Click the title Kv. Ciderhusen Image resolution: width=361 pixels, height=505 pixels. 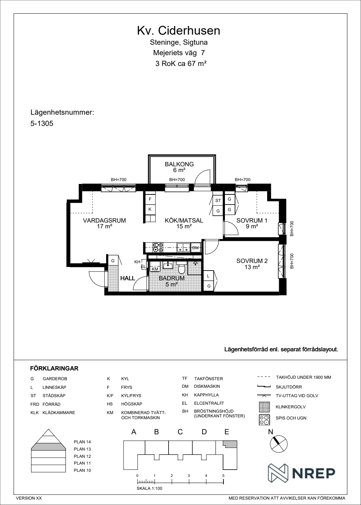pos(178,31)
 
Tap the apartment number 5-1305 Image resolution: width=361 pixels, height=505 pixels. pos(42,123)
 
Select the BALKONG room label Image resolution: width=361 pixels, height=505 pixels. pos(179,164)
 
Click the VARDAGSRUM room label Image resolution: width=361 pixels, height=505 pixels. pos(104,220)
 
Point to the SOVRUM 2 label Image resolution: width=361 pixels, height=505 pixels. pos(252,261)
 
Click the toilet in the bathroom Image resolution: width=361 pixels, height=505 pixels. pos(182,267)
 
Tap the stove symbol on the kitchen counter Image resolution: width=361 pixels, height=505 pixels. pos(158,247)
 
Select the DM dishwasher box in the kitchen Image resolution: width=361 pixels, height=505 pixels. pos(196,247)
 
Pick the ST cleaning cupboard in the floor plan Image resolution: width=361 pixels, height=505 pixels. pos(218,201)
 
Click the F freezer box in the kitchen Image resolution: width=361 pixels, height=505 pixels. pos(150,199)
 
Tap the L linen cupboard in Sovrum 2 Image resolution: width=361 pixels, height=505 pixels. pos(208,276)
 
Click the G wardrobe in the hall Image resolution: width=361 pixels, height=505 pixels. pos(113,260)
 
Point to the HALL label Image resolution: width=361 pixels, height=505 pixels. pos(128,278)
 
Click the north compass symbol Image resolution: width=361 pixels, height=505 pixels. pos(279,444)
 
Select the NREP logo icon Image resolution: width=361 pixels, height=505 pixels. pos(278,473)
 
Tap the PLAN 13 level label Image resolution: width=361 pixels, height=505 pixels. pos(82,449)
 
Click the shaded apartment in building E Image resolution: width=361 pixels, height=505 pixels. pos(231,444)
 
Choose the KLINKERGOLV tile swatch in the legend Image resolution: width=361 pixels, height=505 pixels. pos(264,407)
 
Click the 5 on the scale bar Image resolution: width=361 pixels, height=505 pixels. pos(223,476)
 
